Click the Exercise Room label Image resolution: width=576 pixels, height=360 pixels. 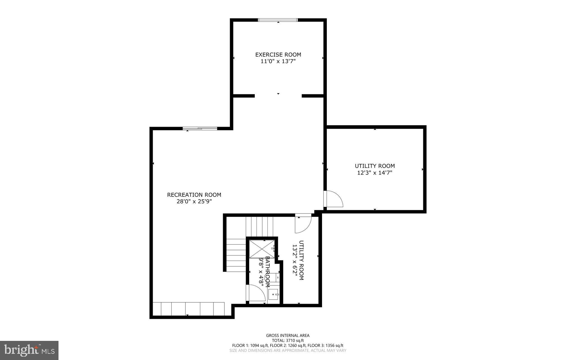pos(278,55)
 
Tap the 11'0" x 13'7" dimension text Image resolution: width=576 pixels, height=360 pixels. pos(278,61)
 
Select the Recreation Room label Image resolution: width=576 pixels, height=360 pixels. pos(194,195)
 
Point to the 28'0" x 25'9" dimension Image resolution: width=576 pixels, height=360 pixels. pos(194,202)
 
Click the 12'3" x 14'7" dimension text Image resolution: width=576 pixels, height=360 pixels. pos(375,173)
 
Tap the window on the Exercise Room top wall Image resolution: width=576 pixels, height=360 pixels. pos(278,20)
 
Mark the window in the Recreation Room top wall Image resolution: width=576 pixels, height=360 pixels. pos(200,129)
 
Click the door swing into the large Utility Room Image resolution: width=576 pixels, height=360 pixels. pos(333,199)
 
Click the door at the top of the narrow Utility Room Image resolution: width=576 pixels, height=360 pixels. pos(303,223)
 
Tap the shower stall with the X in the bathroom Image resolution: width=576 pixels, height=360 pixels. pos(262,249)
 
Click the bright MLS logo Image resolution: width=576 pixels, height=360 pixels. pos(29,350)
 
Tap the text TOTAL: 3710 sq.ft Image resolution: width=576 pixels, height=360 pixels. pos(288,341)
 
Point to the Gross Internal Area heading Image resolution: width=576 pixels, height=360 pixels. pos(288,336)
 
